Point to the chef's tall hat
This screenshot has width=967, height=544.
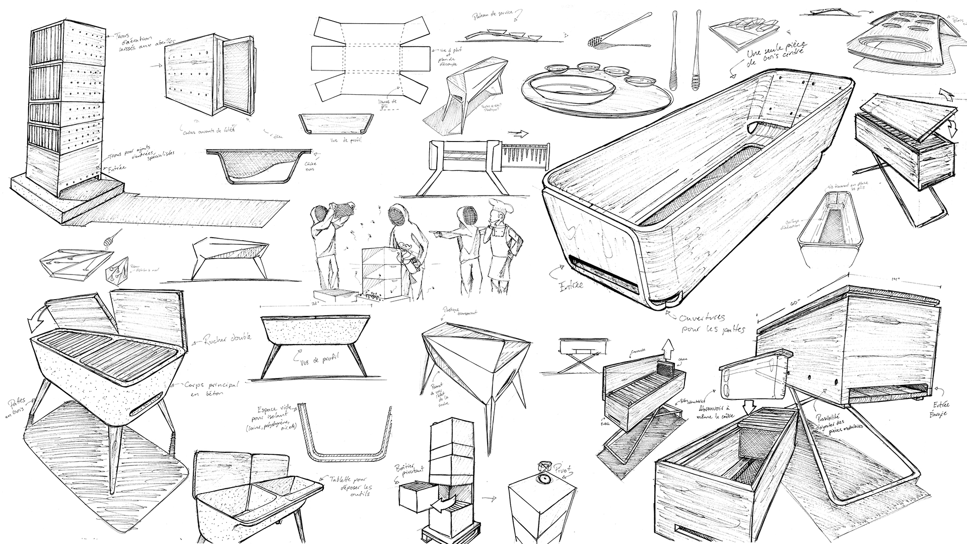[x=497, y=208]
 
